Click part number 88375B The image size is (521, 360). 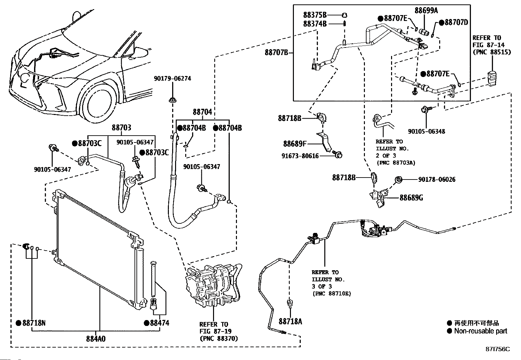[315, 15]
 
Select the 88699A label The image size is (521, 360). [426, 10]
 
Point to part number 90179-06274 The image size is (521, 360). [172, 79]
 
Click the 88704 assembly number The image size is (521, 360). [202, 112]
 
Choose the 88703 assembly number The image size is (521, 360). [121, 128]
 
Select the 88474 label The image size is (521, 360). [159, 323]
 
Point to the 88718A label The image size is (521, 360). [290, 321]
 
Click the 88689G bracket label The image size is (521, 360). [411, 198]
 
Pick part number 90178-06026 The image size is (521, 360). [437, 180]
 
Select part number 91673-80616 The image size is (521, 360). [300, 156]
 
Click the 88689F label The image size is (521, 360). [295, 143]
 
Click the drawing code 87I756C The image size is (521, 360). [497, 349]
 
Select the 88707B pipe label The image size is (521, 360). [277, 52]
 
